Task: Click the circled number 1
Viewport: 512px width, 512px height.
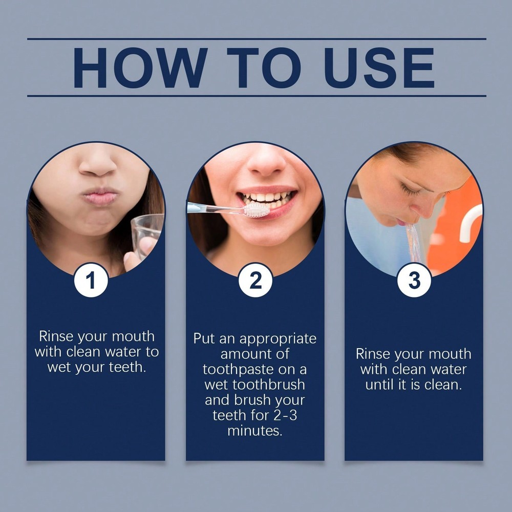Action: (91, 280)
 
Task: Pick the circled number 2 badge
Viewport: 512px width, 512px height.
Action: (255, 280)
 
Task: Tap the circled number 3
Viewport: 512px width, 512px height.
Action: (414, 280)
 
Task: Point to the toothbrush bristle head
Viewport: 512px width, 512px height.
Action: (255, 209)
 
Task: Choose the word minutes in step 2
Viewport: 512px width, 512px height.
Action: (254, 431)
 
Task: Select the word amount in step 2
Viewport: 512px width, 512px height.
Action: (255, 354)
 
